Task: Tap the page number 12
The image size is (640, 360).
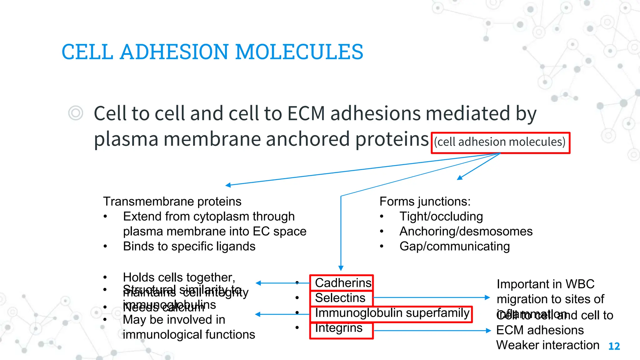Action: [614, 346]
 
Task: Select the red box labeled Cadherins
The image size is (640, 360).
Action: [341, 283]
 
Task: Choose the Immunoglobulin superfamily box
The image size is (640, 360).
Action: [391, 313]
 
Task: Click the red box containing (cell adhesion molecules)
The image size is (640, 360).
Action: [500, 142]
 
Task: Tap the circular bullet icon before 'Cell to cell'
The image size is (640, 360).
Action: [76, 113]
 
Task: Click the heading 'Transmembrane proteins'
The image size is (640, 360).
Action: [172, 202]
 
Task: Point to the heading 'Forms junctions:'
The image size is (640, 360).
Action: [425, 202]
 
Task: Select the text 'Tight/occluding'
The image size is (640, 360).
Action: [441, 217]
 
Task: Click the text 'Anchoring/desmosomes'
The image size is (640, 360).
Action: [466, 232]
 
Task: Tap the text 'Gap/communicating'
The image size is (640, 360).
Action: [454, 247]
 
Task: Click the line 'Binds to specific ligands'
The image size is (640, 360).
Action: [189, 247]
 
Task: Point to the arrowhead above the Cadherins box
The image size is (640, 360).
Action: [341, 268]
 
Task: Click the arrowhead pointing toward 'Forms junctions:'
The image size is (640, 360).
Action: [459, 178]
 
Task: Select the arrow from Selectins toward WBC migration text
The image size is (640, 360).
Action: [431, 297]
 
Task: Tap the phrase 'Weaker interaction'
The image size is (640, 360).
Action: [547, 345]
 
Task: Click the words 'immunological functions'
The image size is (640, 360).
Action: [189, 335]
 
